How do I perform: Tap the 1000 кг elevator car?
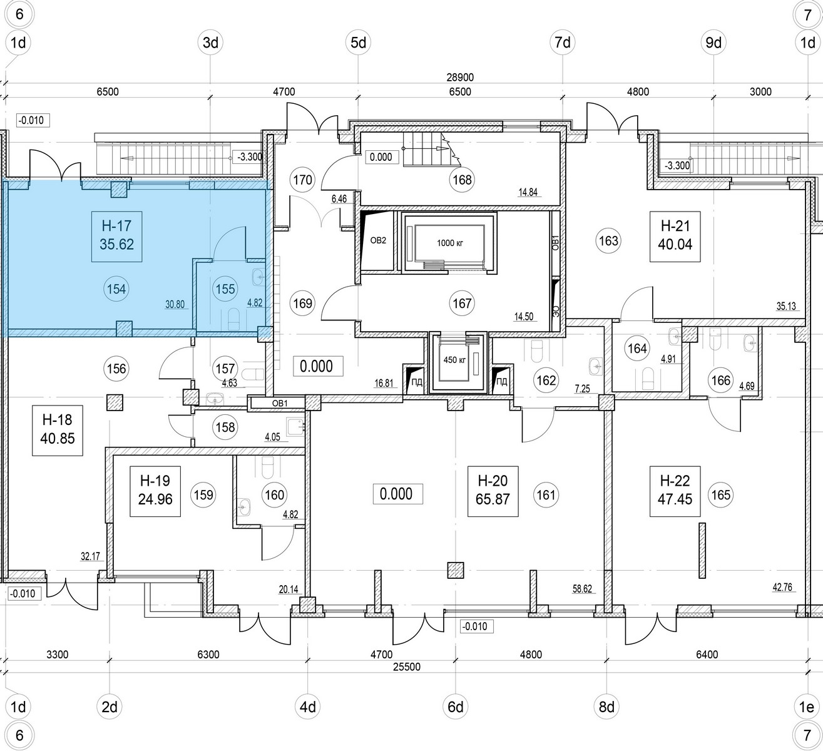tap(448, 242)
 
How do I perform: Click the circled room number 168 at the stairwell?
tap(463, 180)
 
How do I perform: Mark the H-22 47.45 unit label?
tap(675, 490)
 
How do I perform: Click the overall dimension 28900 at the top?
tap(460, 78)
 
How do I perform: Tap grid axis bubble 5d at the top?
tap(359, 43)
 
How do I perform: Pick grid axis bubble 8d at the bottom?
tap(606, 708)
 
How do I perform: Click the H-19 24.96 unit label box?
tap(155, 490)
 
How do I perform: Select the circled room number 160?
tap(275, 494)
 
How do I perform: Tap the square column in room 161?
tap(456, 570)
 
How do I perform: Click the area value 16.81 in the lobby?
tap(384, 383)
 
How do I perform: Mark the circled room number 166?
tap(721, 379)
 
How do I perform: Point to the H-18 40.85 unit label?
tap(57, 429)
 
